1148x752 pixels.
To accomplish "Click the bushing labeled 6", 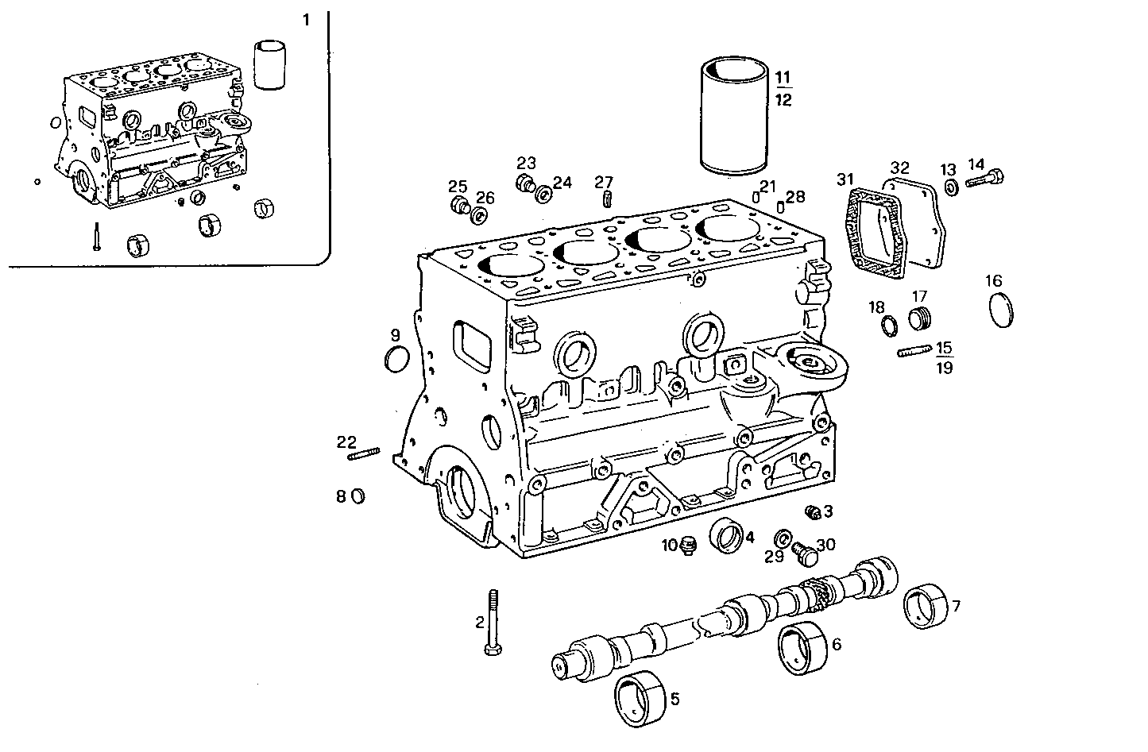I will (x=803, y=650).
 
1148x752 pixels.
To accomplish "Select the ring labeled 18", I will (x=890, y=325).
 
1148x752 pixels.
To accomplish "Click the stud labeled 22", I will (x=364, y=454).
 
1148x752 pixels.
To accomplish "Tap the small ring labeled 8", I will (x=358, y=496).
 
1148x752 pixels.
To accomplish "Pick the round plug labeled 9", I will (x=395, y=359).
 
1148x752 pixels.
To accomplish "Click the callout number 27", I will (x=605, y=182).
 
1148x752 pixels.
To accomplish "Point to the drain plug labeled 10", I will (x=687, y=546).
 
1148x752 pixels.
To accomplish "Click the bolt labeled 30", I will (x=806, y=553).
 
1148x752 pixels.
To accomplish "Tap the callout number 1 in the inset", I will (x=307, y=21).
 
